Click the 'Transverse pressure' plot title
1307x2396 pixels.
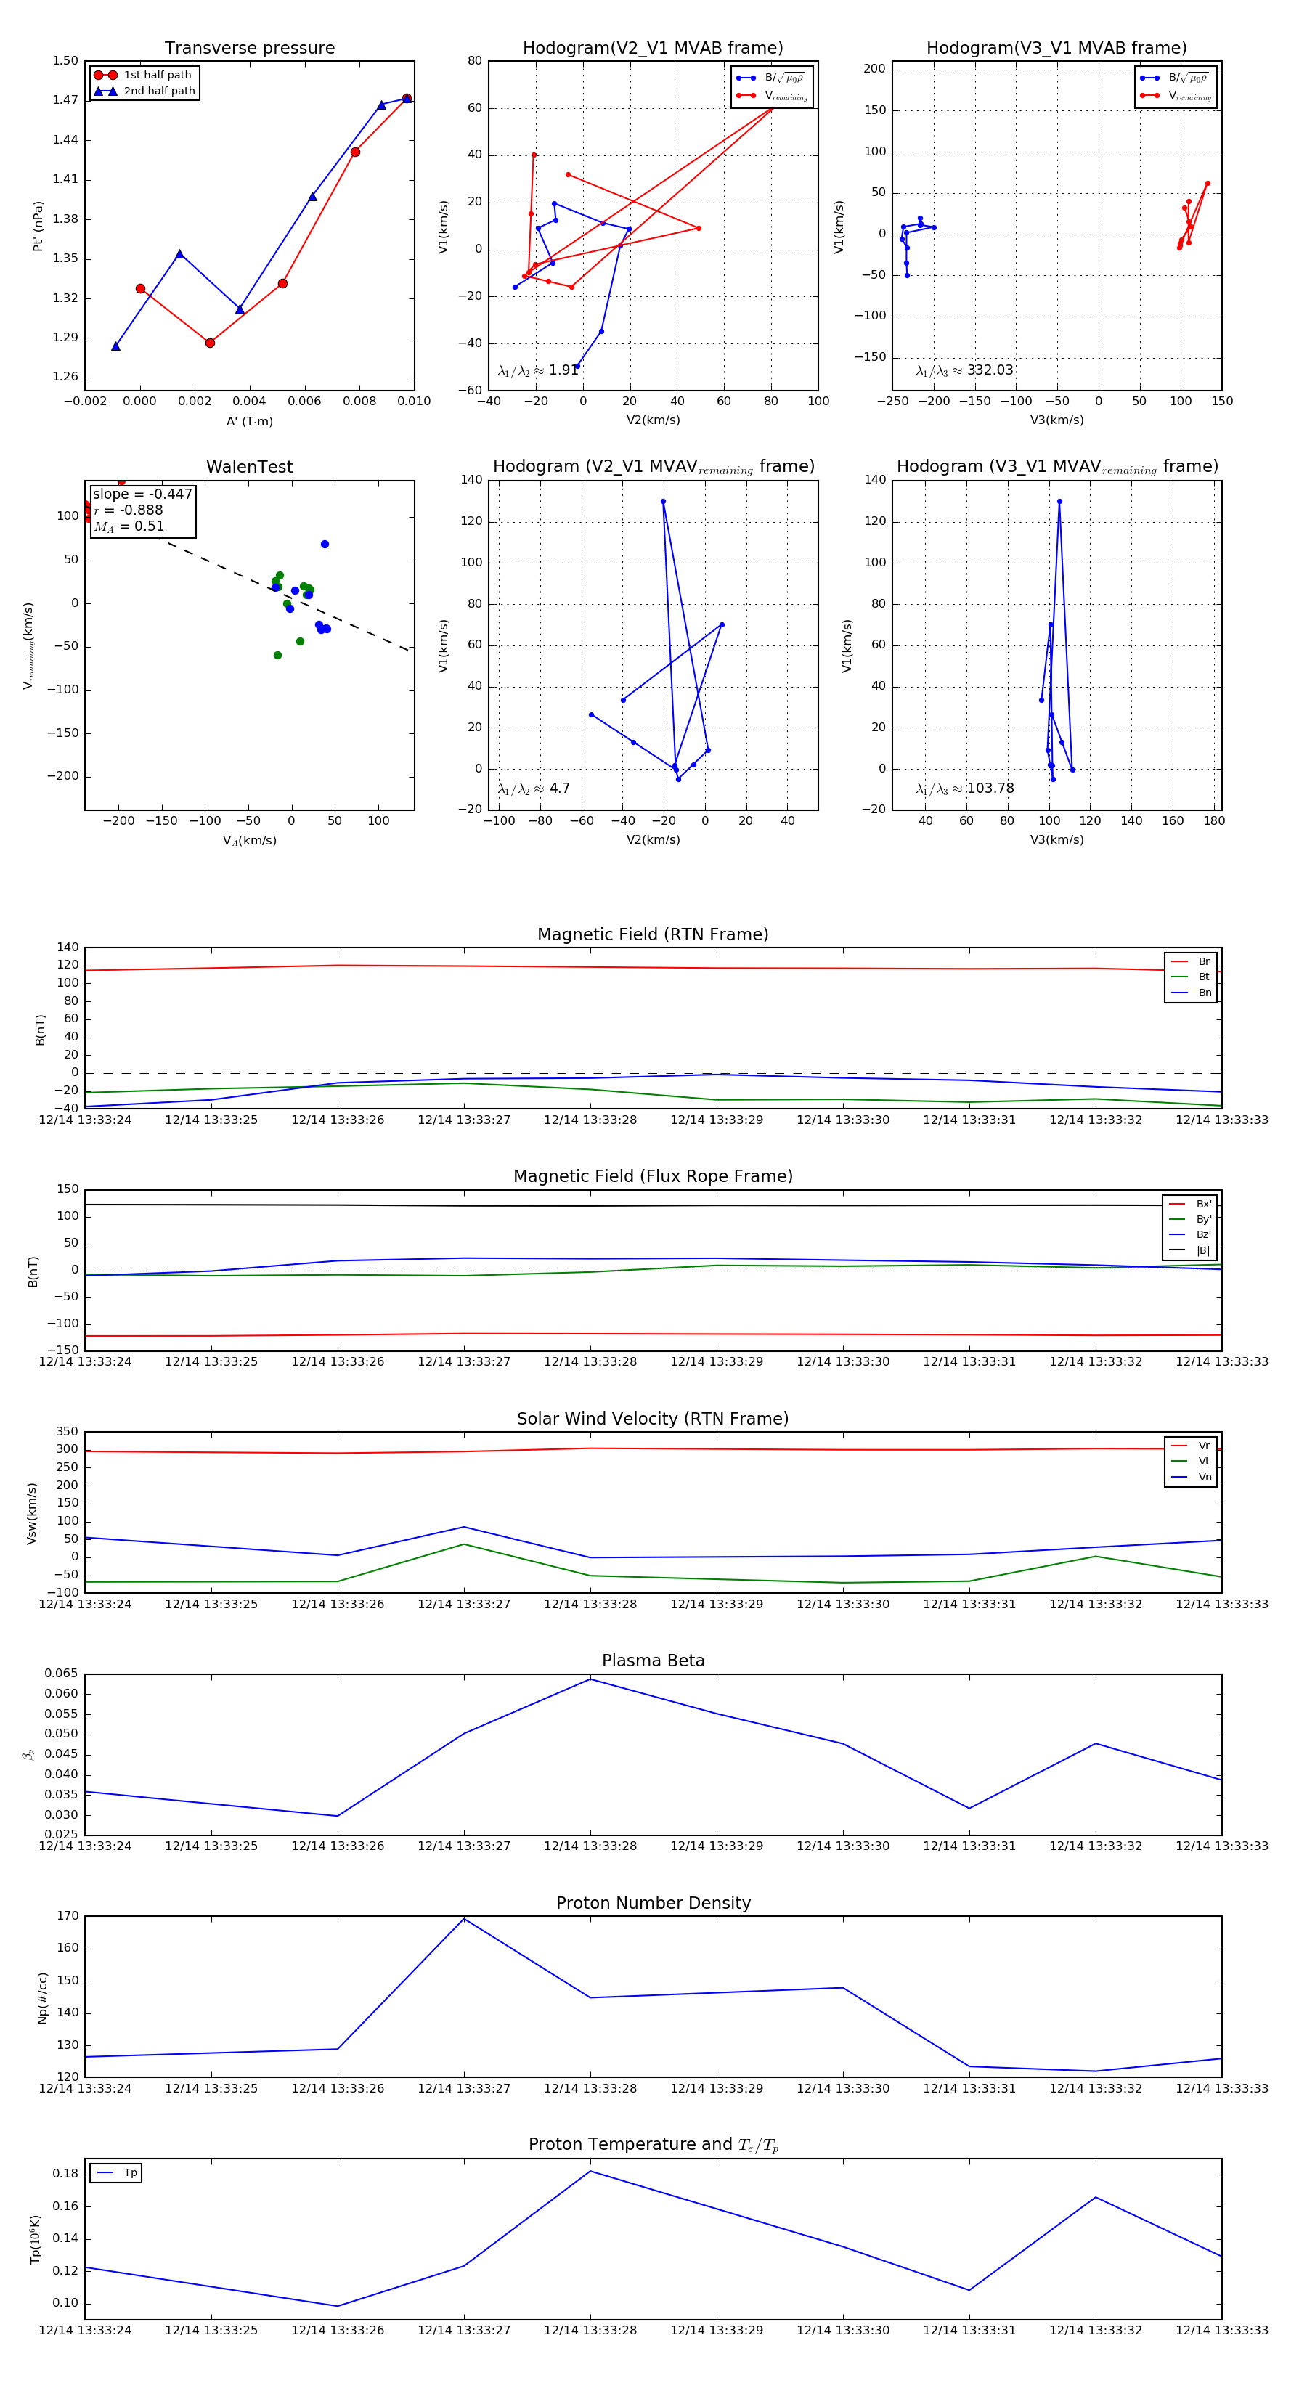pos(249,49)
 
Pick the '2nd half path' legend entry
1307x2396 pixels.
pos(159,91)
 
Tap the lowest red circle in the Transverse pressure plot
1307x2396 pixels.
pos(211,343)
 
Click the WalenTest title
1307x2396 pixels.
pos(249,467)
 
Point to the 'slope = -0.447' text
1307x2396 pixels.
pos(142,494)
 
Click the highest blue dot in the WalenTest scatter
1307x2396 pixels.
pos(325,544)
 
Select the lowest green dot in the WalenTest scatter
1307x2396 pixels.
pos(277,656)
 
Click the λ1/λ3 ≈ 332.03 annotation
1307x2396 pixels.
pos(965,370)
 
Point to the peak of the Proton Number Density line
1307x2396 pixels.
pos(464,1919)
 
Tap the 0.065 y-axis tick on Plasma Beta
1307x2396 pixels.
pos(62,1674)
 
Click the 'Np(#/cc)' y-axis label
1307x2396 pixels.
pos(42,1998)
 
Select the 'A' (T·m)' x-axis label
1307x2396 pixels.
pos(249,421)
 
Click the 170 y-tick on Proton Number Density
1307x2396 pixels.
pos(68,1916)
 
